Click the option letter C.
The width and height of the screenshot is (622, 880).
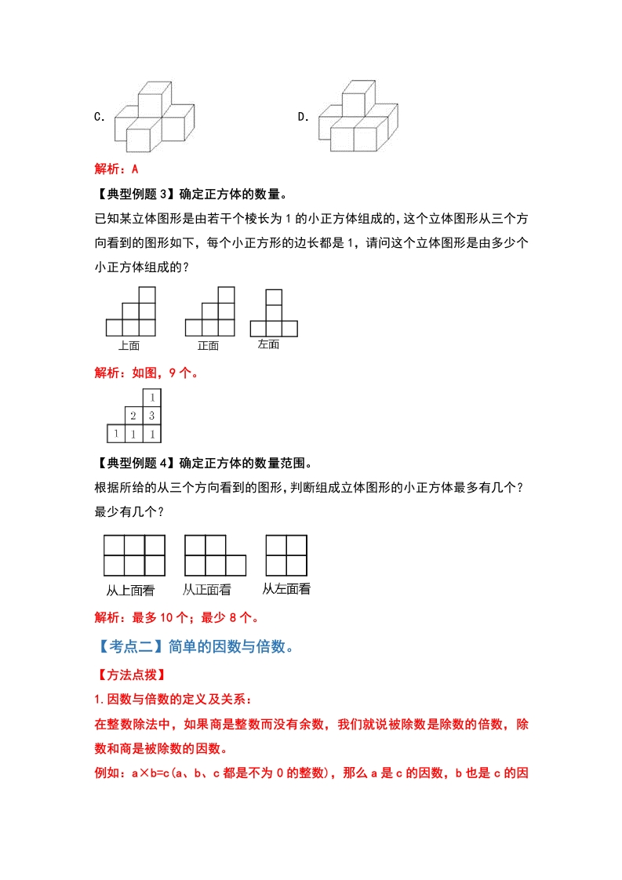tap(99, 117)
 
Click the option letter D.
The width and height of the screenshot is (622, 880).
tap(303, 117)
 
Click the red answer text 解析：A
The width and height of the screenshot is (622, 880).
tap(116, 169)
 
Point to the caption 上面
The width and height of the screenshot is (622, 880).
tap(129, 345)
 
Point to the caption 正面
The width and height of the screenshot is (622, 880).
tap(208, 345)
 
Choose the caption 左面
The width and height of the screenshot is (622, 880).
tap(268, 344)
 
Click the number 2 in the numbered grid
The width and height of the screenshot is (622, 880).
tap(133, 416)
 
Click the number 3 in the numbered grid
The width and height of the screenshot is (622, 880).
tap(151, 416)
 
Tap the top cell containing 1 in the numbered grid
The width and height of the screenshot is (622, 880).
tap(151, 398)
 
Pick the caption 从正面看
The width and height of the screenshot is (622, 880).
tap(207, 590)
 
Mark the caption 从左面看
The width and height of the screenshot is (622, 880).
tap(286, 590)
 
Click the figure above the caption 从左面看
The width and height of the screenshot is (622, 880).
tap(286, 555)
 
